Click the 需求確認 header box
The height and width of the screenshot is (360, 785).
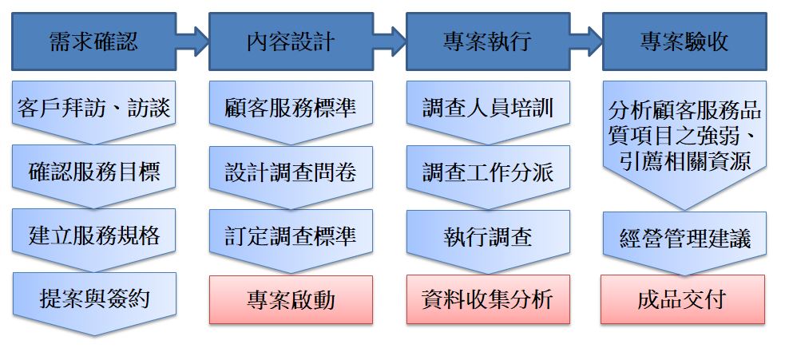coord(93,41)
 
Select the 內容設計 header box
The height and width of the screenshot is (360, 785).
coord(291,41)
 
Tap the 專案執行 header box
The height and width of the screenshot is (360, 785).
coord(487,41)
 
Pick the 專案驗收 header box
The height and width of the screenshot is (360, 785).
coord(684,41)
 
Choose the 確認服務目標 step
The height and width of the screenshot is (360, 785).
coord(93,172)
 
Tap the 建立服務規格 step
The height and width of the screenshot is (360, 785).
coord(93,235)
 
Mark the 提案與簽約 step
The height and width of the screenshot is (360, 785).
coord(93,299)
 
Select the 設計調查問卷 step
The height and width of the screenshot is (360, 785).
coord(291,172)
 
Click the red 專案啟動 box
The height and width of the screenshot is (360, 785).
coord(291,300)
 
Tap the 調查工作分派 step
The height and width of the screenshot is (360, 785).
coord(487,172)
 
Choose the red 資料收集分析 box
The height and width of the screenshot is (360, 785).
coord(487,300)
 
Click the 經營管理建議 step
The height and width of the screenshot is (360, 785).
coord(684,238)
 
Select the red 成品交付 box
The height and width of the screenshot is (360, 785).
coord(684,300)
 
